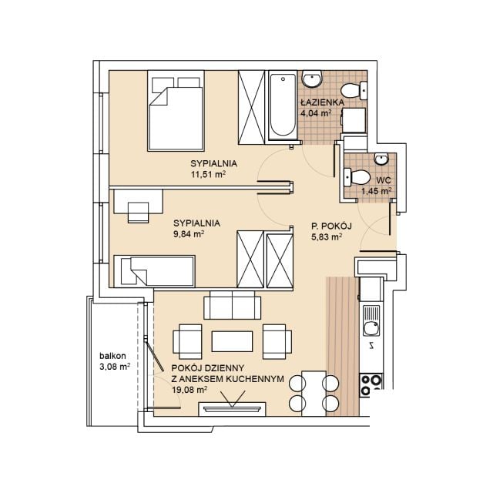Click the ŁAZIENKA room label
(322, 102)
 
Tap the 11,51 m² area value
(209, 174)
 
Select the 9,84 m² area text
(189, 234)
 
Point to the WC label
(384, 180)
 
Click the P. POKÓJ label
(331, 226)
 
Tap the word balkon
(112, 356)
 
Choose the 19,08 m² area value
(189, 391)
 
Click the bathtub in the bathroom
(283, 105)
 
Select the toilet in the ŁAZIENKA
(354, 90)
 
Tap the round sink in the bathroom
(312, 79)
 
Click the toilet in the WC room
(357, 177)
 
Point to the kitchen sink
(371, 320)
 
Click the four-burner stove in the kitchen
(371, 385)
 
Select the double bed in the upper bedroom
(176, 110)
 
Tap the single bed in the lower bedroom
(154, 271)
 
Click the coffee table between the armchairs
(233, 341)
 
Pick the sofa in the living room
(233, 305)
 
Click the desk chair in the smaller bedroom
(139, 213)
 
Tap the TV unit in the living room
(232, 409)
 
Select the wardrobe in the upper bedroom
(252, 107)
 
